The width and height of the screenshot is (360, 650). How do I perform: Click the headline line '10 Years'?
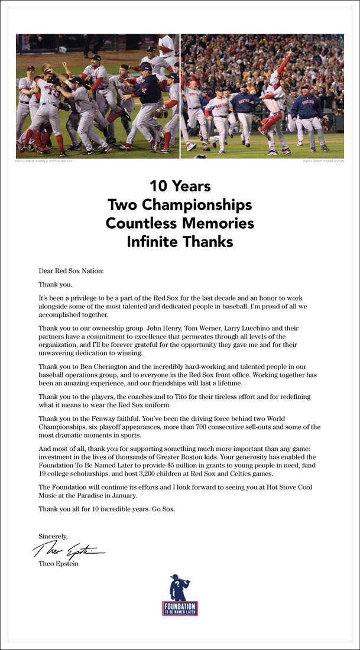(x=180, y=187)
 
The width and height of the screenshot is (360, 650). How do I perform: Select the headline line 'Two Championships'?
(x=180, y=205)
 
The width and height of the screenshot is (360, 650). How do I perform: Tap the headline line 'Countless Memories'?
(x=180, y=223)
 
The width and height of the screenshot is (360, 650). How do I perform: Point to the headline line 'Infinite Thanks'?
(x=180, y=242)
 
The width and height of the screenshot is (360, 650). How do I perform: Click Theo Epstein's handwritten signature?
(x=68, y=552)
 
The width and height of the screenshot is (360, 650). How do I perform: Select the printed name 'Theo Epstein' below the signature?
(x=57, y=564)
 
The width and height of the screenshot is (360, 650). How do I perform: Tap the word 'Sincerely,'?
(x=53, y=536)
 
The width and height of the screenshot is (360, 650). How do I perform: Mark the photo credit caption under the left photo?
(x=42, y=161)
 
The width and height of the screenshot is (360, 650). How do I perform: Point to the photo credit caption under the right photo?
(x=323, y=161)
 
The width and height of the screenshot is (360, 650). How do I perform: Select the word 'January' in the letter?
(x=124, y=496)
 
